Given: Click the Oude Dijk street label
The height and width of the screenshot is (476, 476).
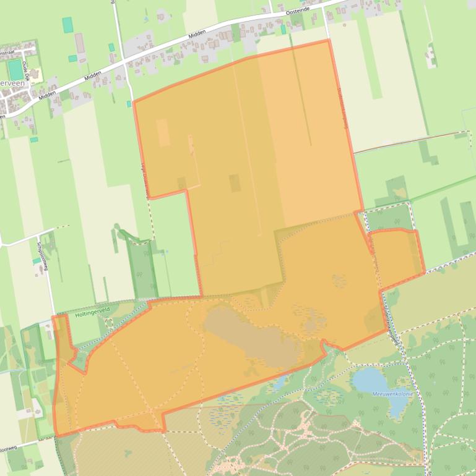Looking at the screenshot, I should pos(26,68).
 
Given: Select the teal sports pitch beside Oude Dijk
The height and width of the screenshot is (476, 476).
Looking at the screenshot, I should pos(14,69).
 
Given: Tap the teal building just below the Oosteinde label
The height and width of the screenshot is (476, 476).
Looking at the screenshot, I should pos(283,29).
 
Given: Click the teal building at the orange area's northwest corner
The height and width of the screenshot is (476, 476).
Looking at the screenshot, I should pos(129,104).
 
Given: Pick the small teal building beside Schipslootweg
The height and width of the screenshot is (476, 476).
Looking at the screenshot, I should pos(36,261).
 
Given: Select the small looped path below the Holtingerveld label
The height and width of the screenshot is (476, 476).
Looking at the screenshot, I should pos(110,323).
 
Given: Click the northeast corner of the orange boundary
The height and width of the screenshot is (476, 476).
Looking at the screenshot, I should pos(327,41).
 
